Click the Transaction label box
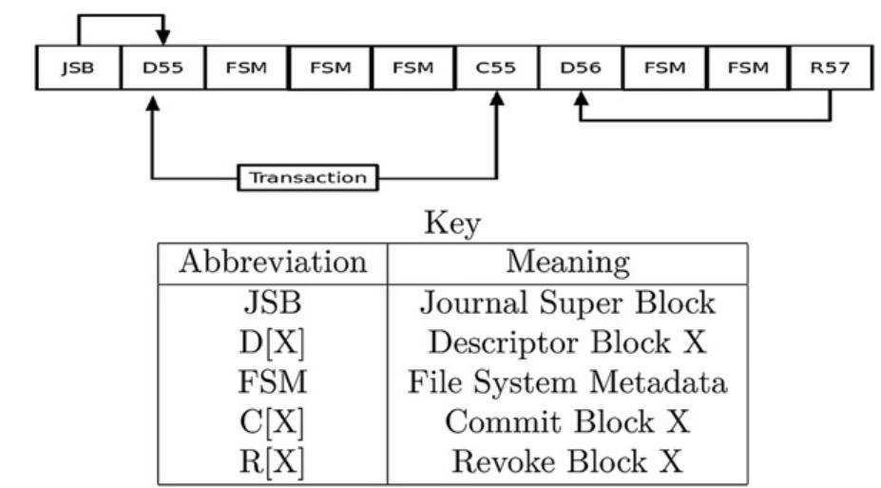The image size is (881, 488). point(307,177)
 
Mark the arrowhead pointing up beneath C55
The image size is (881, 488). point(496,99)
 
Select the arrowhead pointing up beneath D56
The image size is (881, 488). point(579,99)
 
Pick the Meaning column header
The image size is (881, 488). point(567,262)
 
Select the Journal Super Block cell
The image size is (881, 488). point(567,303)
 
